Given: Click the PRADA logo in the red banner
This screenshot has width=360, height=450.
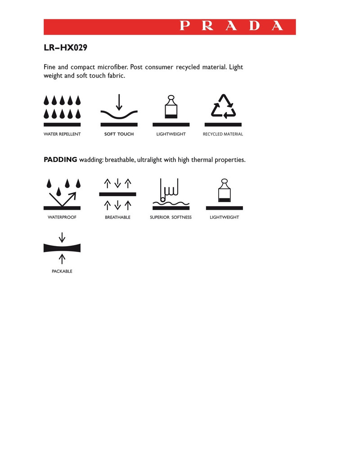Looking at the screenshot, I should [x=232, y=26].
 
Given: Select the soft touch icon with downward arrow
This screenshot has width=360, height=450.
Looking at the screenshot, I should [x=119, y=109].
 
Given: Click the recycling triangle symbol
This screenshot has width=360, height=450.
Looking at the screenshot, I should [x=223, y=108].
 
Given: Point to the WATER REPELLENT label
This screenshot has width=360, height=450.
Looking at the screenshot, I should [x=62, y=134].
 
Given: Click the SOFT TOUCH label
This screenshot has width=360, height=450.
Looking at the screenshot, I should [x=119, y=134].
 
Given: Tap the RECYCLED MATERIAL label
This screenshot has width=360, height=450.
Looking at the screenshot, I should [x=223, y=134].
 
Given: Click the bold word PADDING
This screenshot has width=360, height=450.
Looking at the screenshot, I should [x=60, y=160].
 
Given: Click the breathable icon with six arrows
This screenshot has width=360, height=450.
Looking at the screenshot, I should [x=117, y=194].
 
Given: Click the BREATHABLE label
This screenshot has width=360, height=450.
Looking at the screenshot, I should [x=117, y=217].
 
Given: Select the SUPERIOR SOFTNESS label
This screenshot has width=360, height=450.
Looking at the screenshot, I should [x=171, y=217].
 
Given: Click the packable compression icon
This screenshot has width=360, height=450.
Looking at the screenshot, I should [x=62, y=248].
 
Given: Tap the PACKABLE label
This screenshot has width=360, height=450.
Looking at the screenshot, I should [x=62, y=271].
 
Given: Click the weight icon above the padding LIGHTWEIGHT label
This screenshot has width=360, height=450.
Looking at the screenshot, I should [x=224, y=193].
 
